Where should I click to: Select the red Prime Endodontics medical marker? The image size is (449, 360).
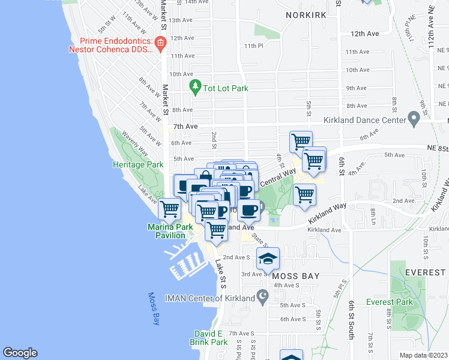click(160, 43)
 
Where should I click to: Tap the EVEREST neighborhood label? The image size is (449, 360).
click(426, 272)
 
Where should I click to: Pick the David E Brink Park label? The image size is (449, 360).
click(211, 338)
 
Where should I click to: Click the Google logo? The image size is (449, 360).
click(20, 353)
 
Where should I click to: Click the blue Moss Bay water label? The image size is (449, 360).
click(154, 310)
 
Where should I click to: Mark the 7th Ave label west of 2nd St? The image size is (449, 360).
click(185, 127)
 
